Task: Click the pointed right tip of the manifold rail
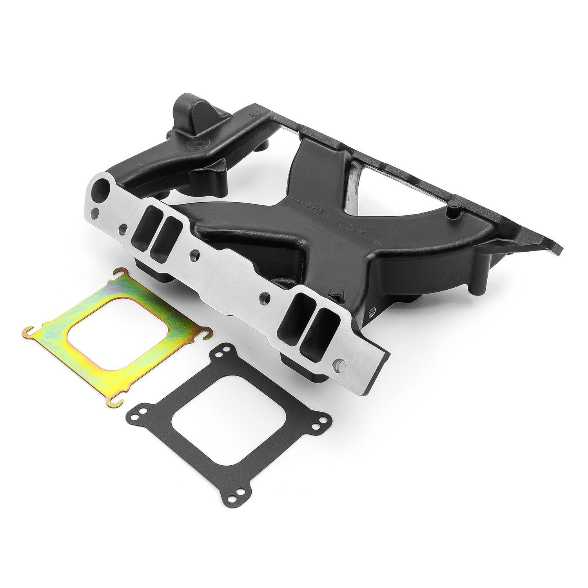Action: [x=559, y=247]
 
